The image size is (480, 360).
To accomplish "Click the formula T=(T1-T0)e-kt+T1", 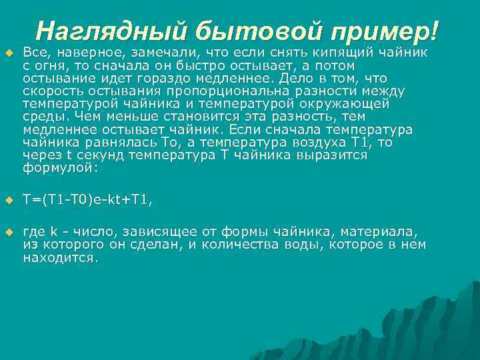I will tap(88, 199).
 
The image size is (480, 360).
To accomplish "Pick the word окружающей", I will tap(347, 104).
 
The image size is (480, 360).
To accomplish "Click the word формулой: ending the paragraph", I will tap(61, 169).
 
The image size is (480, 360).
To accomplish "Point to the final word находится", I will tap(61, 258).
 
